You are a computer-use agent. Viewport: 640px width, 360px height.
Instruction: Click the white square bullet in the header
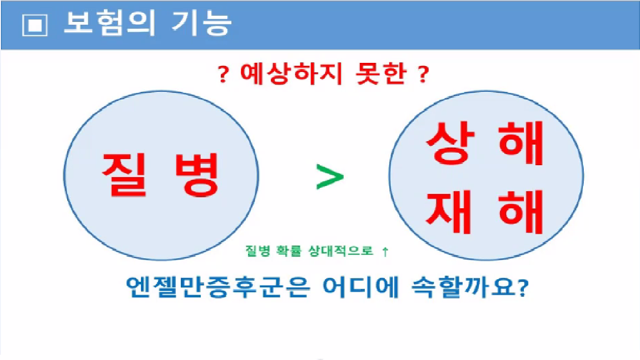(35, 25)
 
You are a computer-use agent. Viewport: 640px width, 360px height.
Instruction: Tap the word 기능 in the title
(202, 23)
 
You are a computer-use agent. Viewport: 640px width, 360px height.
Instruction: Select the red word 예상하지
(291, 74)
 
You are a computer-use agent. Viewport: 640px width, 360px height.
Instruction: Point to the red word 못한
(381, 74)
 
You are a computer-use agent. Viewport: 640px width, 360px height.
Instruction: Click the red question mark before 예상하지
(223, 74)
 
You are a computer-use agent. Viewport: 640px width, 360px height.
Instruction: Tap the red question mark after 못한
(423, 74)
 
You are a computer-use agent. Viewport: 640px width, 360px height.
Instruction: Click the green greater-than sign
(330, 177)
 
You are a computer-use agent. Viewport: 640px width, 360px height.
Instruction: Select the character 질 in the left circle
(125, 175)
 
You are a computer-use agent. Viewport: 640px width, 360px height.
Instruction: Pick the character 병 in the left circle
(197, 175)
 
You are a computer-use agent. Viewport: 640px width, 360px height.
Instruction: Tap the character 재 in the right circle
(448, 212)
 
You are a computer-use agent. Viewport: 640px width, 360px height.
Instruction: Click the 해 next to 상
(520, 143)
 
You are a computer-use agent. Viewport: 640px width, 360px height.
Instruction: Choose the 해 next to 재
(520, 212)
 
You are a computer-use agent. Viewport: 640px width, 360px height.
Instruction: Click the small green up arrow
(385, 252)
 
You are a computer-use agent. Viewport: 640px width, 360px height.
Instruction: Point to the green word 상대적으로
(341, 251)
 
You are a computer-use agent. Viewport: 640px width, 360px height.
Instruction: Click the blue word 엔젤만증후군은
(219, 287)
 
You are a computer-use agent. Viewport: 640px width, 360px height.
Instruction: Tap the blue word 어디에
(361, 287)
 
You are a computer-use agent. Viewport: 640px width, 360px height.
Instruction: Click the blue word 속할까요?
(470, 287)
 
